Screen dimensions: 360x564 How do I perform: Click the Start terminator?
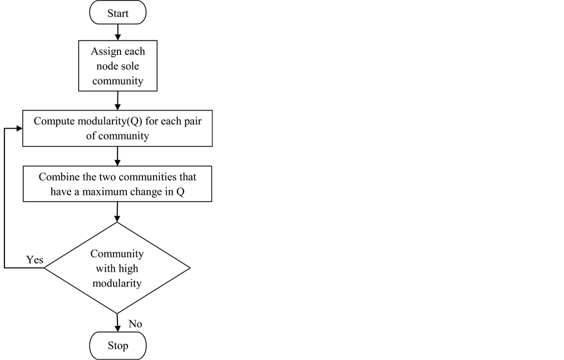(x=117, y=12)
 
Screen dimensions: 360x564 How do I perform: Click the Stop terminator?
(x=117, y=346)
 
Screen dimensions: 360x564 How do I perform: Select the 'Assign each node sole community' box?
(x=117, y=66)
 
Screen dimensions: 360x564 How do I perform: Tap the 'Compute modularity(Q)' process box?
(x=117, y=128)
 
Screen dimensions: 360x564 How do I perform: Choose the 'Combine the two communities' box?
(x=117, y=184)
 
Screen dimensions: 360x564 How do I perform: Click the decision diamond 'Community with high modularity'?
(x=117, y=267)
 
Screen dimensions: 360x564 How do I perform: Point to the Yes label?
(x=34, y=259)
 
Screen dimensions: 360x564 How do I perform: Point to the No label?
(x=135, y=324)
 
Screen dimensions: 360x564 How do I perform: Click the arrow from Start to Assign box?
(x=117, y=32)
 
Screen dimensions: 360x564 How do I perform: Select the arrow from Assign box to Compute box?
(x=117, y=100)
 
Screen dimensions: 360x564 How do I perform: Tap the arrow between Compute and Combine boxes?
(x=117, y=156)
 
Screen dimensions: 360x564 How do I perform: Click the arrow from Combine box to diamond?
(x=117, y=212)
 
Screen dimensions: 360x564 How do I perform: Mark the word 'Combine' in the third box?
(x=59, y=177)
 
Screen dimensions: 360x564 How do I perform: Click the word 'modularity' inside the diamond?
(x=117, y=282)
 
